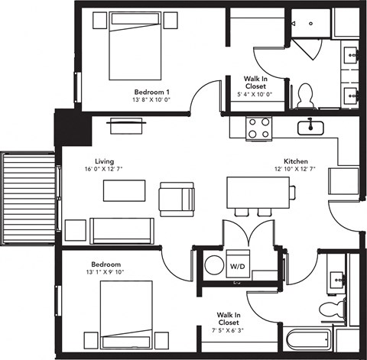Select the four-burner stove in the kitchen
(259, 127)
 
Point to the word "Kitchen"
(295, 161)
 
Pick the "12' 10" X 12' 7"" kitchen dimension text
(295, 170)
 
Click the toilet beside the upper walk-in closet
(305, 95)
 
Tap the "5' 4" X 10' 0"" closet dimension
(255, 94)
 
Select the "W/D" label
(237, 268)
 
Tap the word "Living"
(104, 161)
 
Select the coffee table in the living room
(124, 190)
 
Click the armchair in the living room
(176, 198)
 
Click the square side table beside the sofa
(75, 229)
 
